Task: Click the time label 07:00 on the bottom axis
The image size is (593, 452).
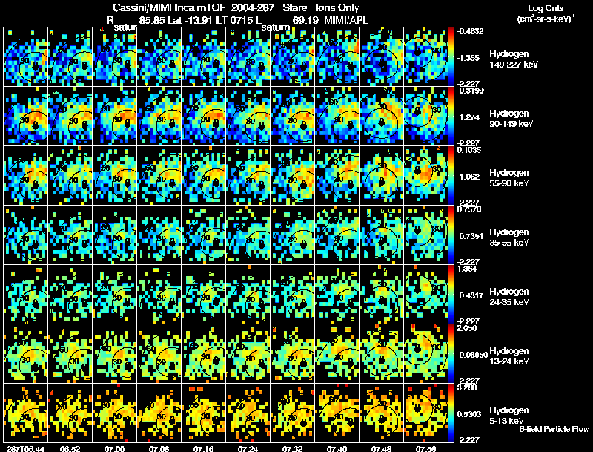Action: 114,448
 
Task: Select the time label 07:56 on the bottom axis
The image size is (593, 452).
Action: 425,448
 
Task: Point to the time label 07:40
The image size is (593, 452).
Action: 337,448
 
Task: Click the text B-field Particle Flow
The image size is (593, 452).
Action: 553,429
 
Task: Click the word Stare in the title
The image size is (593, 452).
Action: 294,7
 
